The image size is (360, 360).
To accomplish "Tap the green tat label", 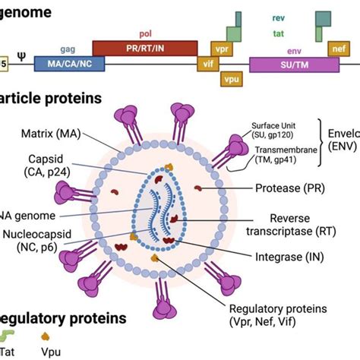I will (x=279, y=33).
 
